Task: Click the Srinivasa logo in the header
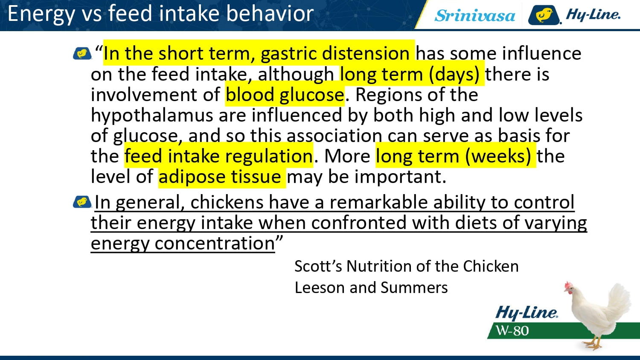[474, 15]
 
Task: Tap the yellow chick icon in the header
[544, 15]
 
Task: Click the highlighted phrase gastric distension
[335, 53]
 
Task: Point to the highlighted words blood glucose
[285, 95]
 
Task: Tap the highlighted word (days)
[454, 74]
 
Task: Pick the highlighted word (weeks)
[498, 156]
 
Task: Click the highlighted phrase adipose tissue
[220, 177]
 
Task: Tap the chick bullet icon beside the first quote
[82, 53]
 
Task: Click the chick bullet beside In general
[82, 202]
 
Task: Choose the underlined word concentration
[215, 244]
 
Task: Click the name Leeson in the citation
[320, 287]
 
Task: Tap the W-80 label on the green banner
[512, 331]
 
